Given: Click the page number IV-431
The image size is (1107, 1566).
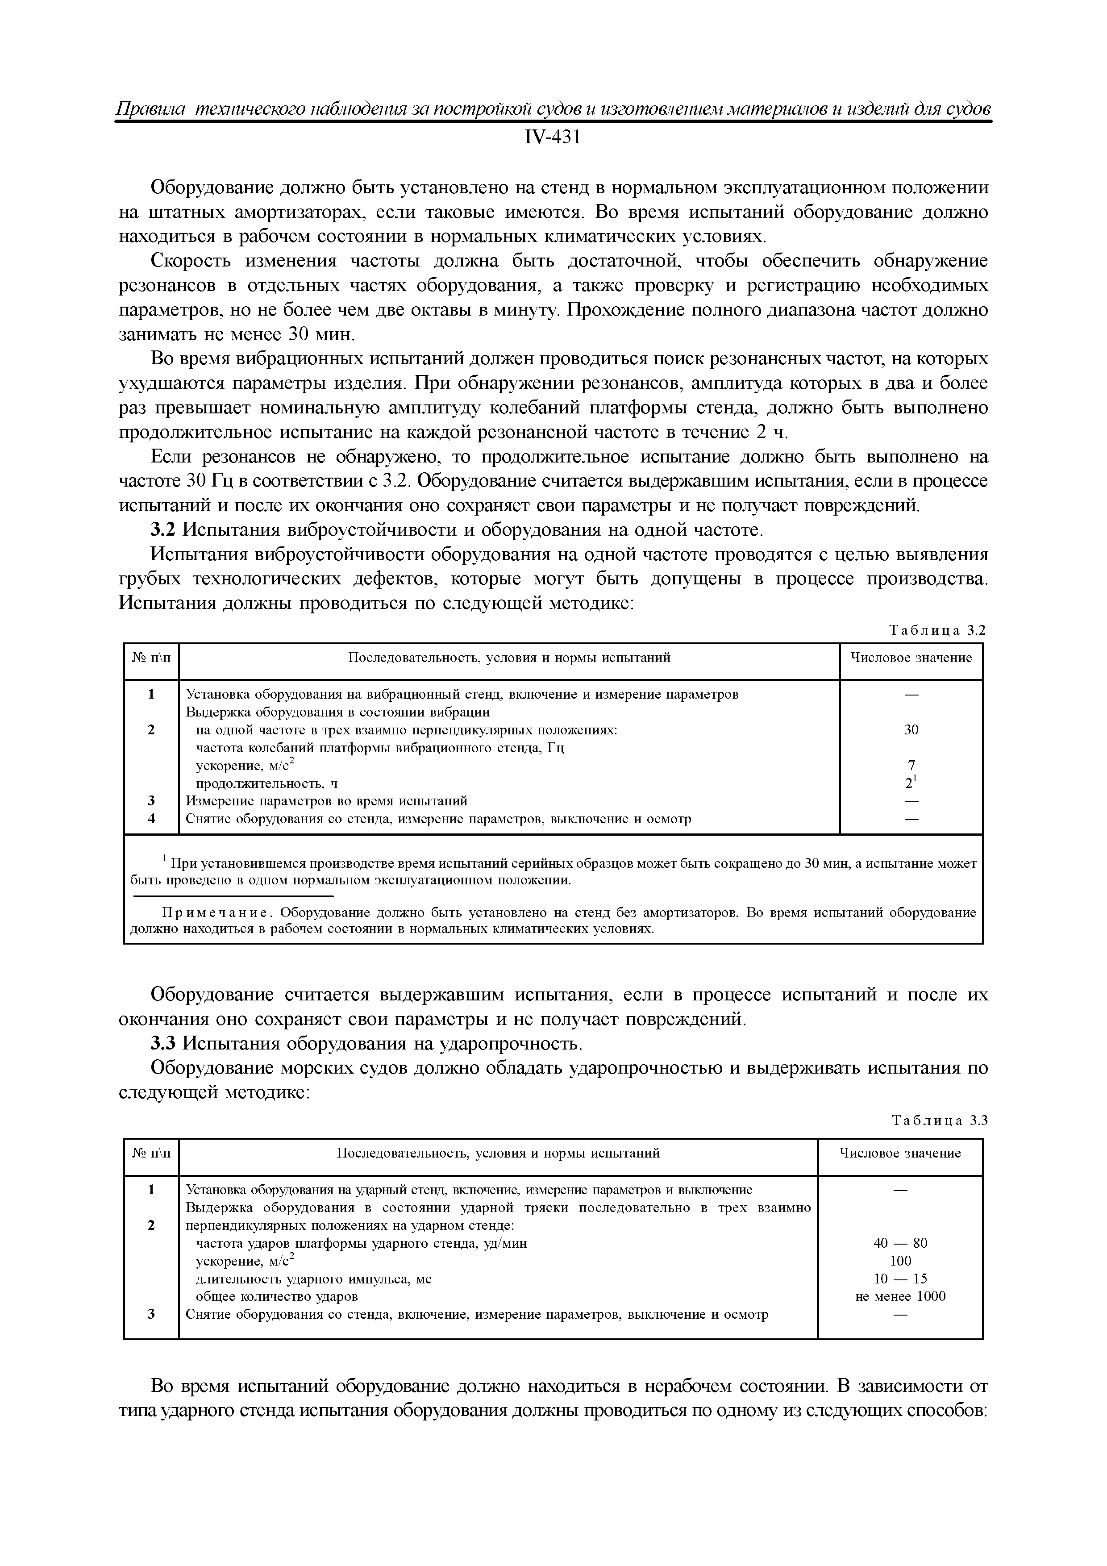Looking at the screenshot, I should click(553, 138).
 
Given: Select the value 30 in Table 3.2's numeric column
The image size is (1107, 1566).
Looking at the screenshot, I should click(911, 730).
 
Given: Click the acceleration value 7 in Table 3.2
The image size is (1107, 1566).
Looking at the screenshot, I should click(911, 765).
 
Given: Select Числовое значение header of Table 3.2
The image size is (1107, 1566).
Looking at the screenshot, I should click(911, 658).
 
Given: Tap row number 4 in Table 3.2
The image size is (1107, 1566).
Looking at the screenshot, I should click(151, 818).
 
